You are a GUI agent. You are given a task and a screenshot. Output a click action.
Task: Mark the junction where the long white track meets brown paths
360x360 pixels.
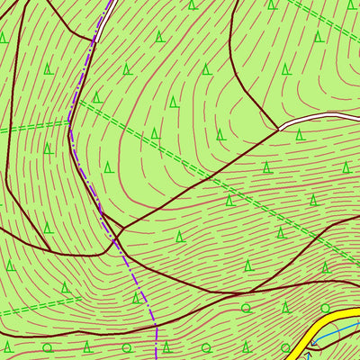(279, 129)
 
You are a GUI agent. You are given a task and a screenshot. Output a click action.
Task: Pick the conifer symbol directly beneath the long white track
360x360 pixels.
(300, 134)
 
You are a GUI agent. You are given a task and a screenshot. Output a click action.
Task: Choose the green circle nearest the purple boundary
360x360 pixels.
(166, 346)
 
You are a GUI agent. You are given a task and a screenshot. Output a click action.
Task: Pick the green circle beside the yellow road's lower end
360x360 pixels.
(286, 347)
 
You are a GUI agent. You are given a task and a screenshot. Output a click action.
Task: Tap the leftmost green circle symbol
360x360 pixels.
(48, 346)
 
